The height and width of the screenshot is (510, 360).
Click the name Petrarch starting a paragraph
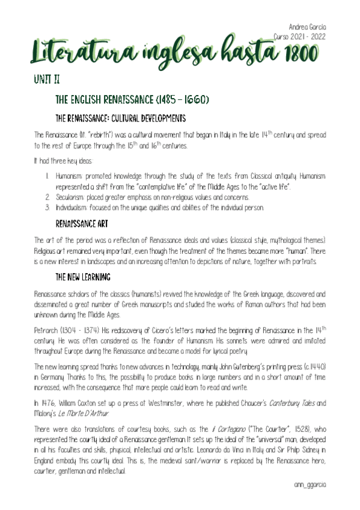pos(48,330)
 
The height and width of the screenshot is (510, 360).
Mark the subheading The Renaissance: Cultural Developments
pos(120,117)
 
